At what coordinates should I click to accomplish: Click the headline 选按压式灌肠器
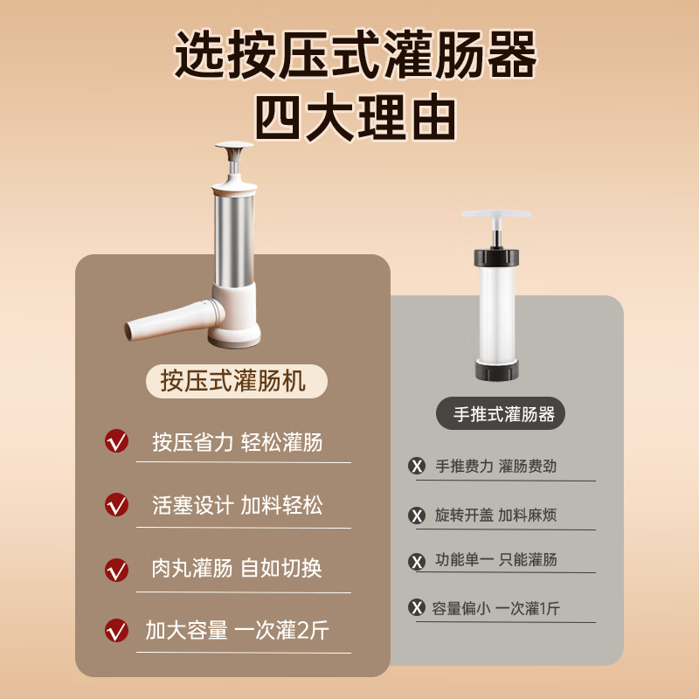[355, 57]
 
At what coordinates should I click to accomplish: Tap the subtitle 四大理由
[355, 117]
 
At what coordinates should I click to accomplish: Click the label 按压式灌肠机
[233, 381]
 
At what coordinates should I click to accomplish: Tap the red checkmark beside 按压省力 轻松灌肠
[116, 442]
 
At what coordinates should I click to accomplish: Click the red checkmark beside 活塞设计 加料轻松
[116, 505]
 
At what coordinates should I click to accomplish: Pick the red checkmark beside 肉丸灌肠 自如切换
[116, 569]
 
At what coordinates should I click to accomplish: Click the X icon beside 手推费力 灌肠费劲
[417, 467]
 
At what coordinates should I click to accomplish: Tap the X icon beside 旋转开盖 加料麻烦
[417, 515]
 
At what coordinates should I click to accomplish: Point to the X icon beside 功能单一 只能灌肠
[417, 560]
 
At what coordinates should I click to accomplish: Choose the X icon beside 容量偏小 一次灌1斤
[417, 608]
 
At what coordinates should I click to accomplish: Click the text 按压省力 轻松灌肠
[237, 442]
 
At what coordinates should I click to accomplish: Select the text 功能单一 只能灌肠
[495, 560]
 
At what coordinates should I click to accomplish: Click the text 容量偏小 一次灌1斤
[495, 608]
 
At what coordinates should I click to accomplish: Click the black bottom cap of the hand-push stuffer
[496, 370]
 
